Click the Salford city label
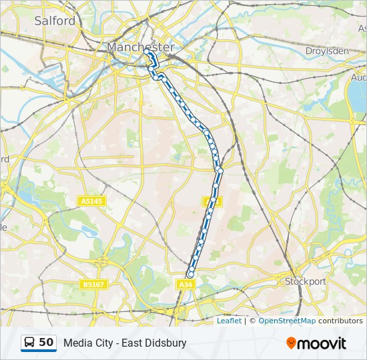point(55,21)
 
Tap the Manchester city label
point(140,47)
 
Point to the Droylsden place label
point(327,51)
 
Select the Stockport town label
point(306,281)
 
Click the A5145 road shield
point(91,201)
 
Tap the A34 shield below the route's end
point(186,285)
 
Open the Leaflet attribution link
point(229,321)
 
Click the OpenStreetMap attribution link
point(287,321)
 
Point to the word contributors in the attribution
point(340,321)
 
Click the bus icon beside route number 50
point(30,343)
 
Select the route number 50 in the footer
point(46,343)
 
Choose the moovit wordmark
point(322,343)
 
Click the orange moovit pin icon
point(291,343)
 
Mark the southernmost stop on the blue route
point(191,274)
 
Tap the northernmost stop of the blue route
point(146,51)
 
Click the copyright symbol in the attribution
point(252,321)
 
